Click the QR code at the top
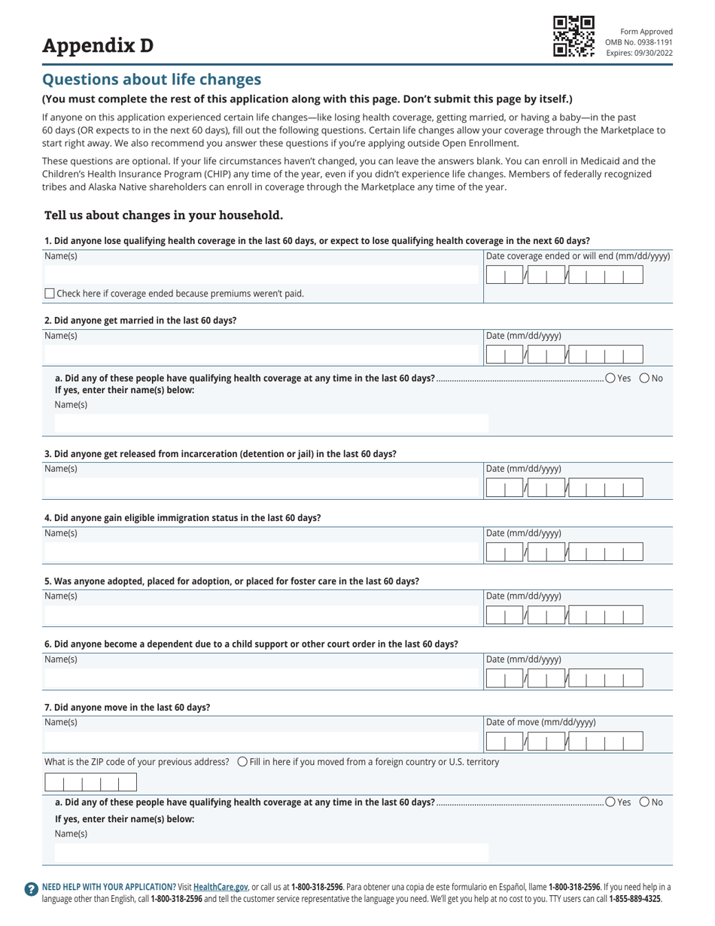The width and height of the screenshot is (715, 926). pyautogui.click(x=574, y=36)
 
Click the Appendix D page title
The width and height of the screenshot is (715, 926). pyautogui.click(x=98, y=46)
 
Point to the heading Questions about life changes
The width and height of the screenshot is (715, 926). pyautogui.click(x=151, y=80)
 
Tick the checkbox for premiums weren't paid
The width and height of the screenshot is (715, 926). pyautogui.click(x=50, y=294)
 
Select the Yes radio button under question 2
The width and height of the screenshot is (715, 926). pyautogui.click(x=610, y=378)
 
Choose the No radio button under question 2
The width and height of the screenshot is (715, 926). pyautogui.click(x=644, y=378)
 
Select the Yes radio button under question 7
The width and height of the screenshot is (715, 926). pyautogui.click(x=610, y=802)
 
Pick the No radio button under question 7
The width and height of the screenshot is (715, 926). pyautogui.click(x=644, y=802)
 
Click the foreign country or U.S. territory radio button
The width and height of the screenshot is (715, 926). pyautogui.click(x=242, y=762)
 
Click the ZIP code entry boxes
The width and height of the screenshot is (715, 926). pyautogui.click(x=90, y=783)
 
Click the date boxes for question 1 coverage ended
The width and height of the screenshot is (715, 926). pyautogui.click(x=564, y=276)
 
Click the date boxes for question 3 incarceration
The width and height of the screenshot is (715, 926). pyautogui.click(x=564, y=489)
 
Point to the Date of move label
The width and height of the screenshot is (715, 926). pyautogui.click(x=541, y=723)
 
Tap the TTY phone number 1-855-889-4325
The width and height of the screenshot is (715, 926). pyautogui.click(x=634, y=898)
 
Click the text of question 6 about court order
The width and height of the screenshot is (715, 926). pyautogui.click(x=251, y=644)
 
